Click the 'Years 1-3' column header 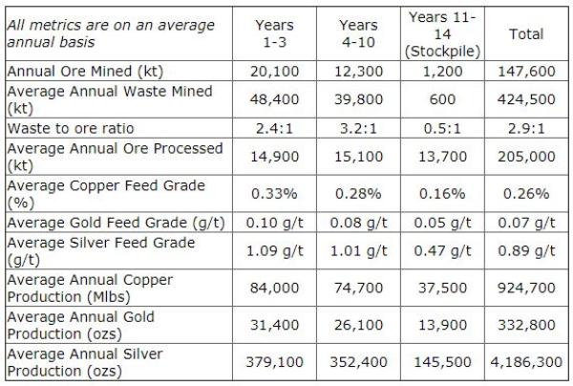276,33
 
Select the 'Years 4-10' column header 360,33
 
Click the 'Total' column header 526,33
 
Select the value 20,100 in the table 276,72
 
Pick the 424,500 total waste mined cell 526,100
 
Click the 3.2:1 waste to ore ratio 360,128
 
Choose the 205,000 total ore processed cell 526,157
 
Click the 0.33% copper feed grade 276,194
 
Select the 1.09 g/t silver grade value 276,251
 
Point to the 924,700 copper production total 526,289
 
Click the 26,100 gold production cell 360,326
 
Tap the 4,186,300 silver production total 526,363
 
